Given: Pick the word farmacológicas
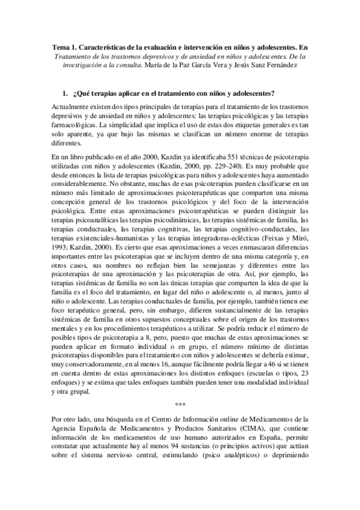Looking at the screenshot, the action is point(76,123).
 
